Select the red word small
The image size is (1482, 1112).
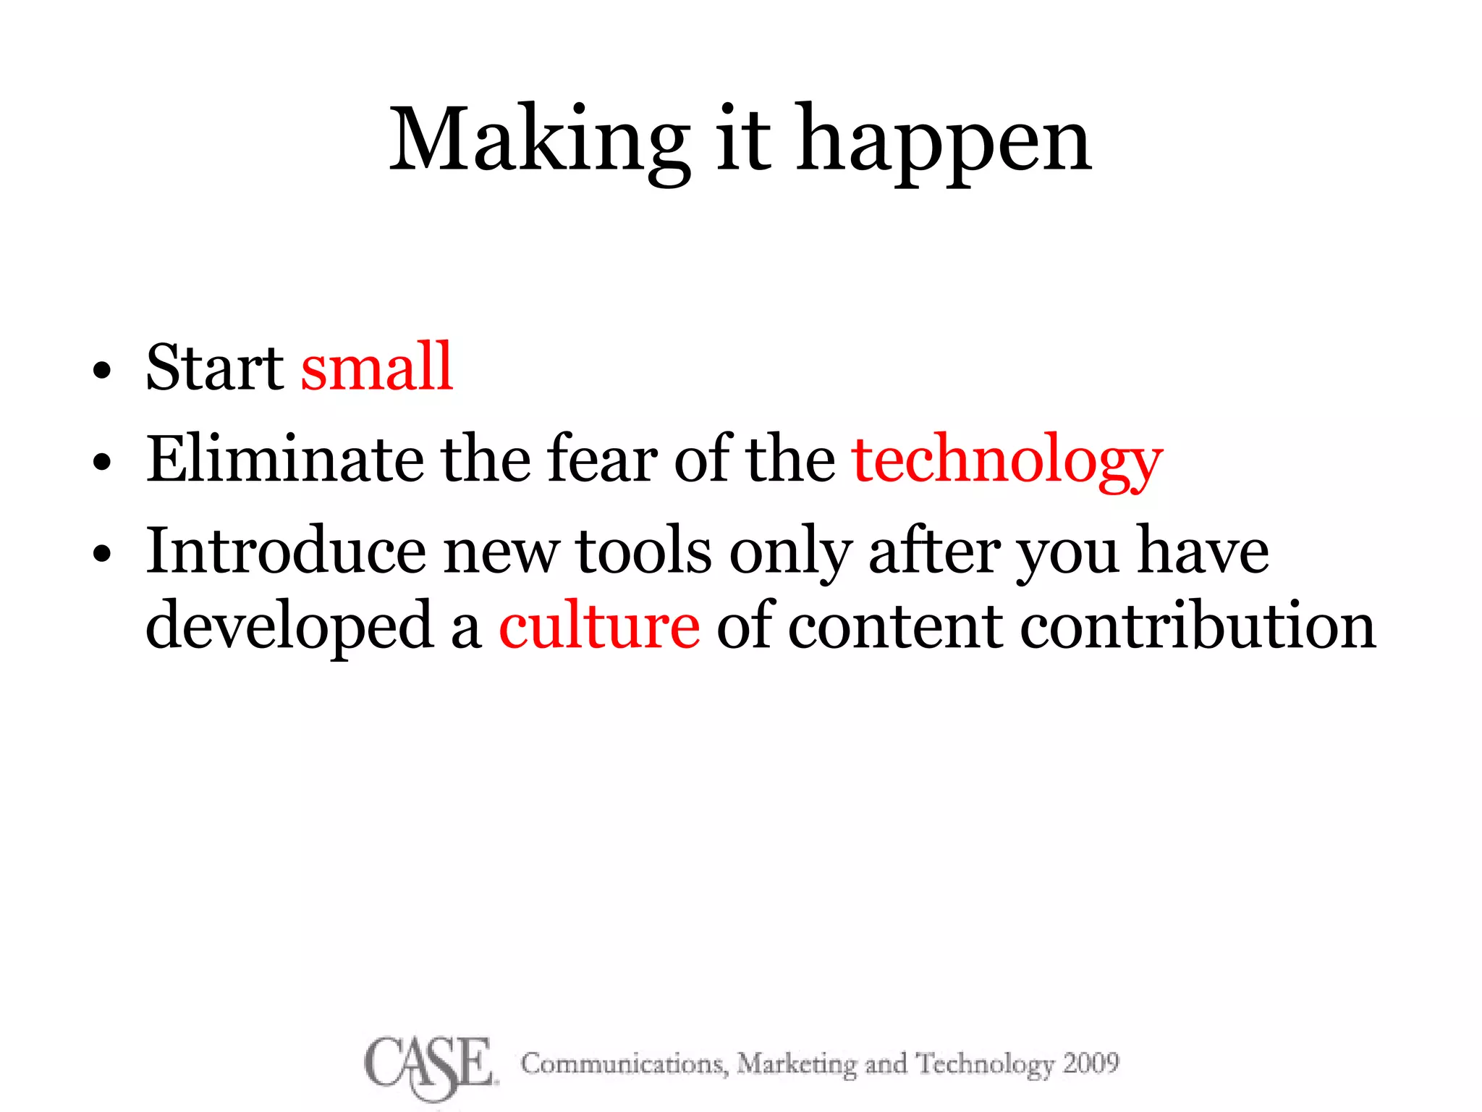coord(377,367)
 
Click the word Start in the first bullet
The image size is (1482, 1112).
coord(215,367)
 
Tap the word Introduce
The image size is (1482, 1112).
coord(285,551)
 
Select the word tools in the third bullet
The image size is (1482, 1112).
coord(643,551)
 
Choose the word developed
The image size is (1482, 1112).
coord(289,627)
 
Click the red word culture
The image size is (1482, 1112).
coord(599,627)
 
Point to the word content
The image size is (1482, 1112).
coord(894,627)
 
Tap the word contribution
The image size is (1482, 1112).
coord(1198,627)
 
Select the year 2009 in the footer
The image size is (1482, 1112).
coord(1091,1063)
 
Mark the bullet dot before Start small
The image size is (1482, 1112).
coord(102,371)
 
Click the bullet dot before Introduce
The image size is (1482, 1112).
coord(102,555)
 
